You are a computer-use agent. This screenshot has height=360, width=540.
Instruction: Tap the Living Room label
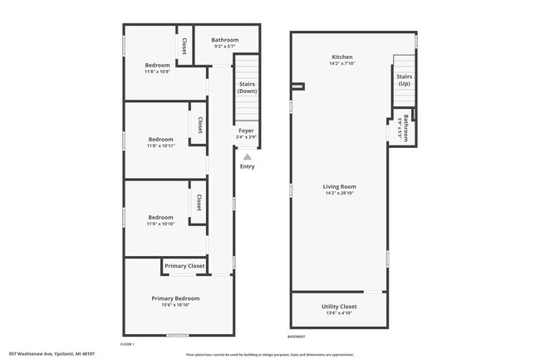pos(339,187)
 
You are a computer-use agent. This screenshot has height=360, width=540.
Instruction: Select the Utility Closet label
pos(339,307)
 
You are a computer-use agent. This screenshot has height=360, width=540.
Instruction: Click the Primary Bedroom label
pos(175,298)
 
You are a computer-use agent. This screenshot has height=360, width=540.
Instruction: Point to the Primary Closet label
pos(184,266)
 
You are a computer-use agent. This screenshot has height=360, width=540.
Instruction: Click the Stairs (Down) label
pos(247,87)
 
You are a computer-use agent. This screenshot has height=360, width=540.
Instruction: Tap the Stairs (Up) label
pos(404,80)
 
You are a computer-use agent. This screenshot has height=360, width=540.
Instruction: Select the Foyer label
pos(246,131)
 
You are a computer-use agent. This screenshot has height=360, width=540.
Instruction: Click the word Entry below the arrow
pos(247,167)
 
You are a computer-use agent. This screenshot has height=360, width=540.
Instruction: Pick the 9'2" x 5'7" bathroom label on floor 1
pos(224,47)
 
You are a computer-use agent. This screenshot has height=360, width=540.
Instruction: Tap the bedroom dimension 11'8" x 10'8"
pos(157,72)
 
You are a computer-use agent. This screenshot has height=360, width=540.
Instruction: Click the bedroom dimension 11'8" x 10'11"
pos(160,146)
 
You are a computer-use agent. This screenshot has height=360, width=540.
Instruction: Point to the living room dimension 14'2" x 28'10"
pos(339,193)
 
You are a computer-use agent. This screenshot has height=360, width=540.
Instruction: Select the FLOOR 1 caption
pos(127,343)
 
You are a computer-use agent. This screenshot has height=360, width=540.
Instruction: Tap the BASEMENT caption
pos(297,337)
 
